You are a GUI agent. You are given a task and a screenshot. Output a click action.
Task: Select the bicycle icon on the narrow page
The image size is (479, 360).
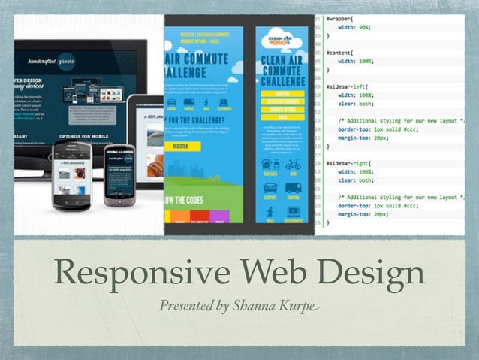coord(293,165)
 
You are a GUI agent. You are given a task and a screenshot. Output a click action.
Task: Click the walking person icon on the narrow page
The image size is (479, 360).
coord(270,213)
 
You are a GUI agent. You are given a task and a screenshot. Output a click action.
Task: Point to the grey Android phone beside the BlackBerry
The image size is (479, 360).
coord(119,174)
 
